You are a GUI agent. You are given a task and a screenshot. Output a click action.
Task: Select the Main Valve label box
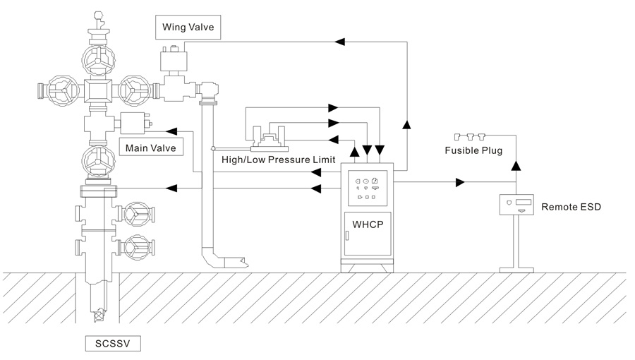pos(150,148)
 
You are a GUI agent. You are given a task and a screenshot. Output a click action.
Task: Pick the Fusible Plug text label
pos(473,150)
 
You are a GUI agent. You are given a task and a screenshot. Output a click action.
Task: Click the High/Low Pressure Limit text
pos(278,160)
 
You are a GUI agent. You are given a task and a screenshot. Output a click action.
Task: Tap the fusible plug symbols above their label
pos(471,136)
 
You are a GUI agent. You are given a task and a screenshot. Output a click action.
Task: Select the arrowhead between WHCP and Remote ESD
pos(460,183)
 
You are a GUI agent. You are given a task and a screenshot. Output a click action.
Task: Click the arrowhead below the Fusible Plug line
pos(516,165)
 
